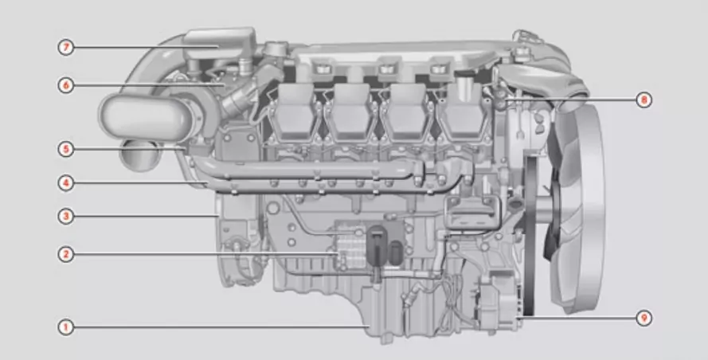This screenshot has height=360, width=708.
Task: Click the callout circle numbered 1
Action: point(65,327)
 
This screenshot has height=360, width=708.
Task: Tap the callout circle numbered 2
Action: point(65,254)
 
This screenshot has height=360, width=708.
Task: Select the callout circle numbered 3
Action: point(65,217)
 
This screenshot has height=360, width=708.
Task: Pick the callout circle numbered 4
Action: point(65,183)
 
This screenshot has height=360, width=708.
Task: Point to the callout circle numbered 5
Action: point(65,149)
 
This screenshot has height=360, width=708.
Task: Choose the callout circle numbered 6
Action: point(65,85)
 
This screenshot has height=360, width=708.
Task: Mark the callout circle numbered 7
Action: point(65,47)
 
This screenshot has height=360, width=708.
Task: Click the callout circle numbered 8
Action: point(643,100)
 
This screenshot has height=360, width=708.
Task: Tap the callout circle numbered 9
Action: point(643,318)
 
